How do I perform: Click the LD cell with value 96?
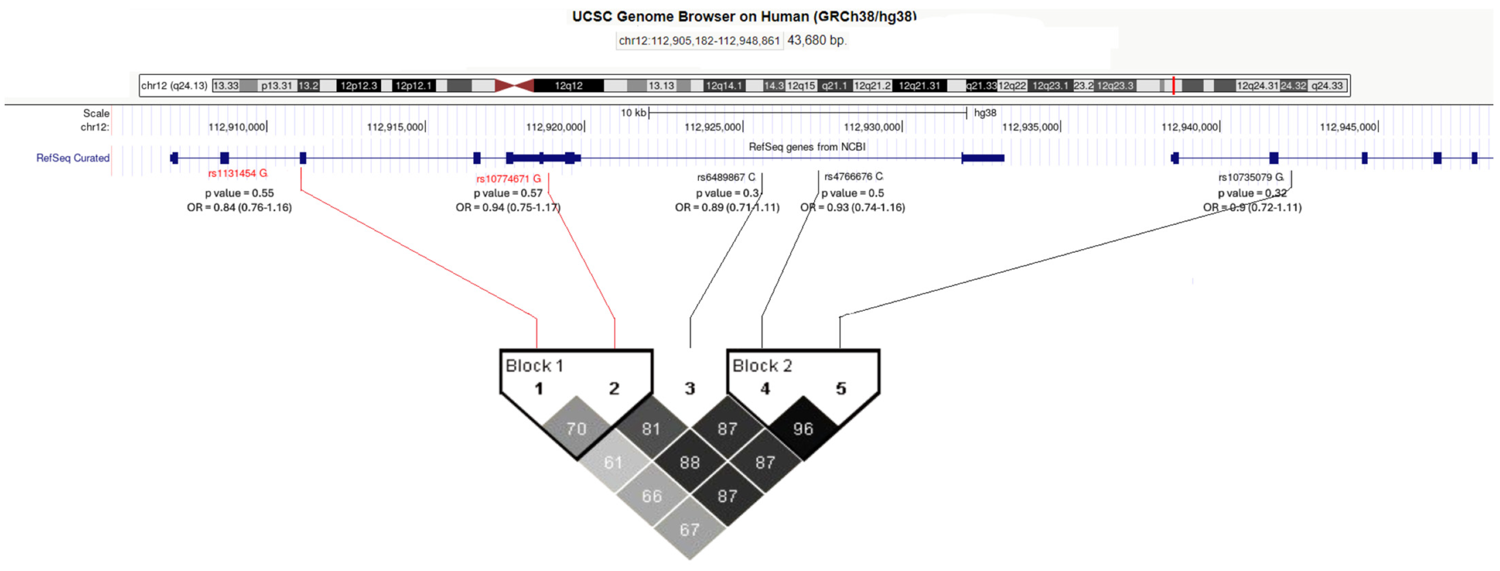(x=803, y=429)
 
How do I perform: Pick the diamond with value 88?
(x=689, y=463)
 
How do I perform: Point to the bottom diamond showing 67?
(x=689, y=530)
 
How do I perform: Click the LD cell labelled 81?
(x=651, y=429)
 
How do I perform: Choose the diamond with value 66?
(x=651, y=496)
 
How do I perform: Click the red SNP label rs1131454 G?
(x=237, y=173)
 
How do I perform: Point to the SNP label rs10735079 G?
(x=1251, y=177)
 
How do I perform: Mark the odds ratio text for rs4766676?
(x=853, y=208)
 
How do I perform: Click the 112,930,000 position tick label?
(x=872, y=127)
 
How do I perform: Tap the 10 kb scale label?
(x=633, y=113)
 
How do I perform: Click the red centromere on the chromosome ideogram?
(x=514, y=86)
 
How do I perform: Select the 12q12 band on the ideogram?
(x=568, y=86)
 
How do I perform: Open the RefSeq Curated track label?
(x=73, y=158)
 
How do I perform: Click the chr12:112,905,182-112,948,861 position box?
(x=699, y=41)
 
